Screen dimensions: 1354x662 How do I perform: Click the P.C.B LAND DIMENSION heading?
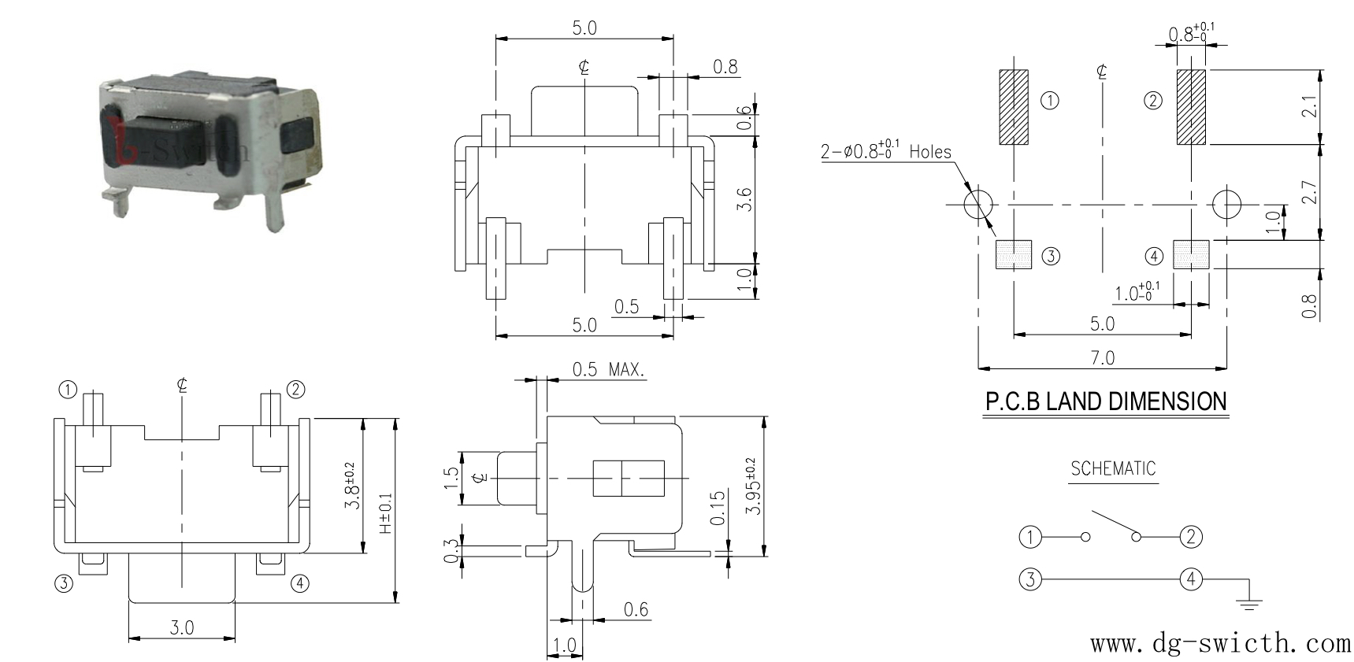point(1106,401)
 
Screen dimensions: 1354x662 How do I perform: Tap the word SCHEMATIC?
point(1113,468)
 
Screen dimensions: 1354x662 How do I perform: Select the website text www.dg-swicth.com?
point(1220,643)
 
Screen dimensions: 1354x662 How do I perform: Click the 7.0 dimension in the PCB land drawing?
point(1103,357)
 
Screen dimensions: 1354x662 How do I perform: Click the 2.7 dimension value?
point(1308,192)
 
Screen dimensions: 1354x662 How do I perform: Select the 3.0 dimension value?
point(181,627)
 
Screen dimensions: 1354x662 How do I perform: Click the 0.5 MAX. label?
point(608,368)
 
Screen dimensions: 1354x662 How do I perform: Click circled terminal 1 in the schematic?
point(1029,538)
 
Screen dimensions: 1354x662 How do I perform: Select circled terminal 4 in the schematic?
point(1190,579)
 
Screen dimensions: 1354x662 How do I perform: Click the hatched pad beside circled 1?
point(1014,107)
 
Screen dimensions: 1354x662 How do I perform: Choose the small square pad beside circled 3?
point(1014,254)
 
